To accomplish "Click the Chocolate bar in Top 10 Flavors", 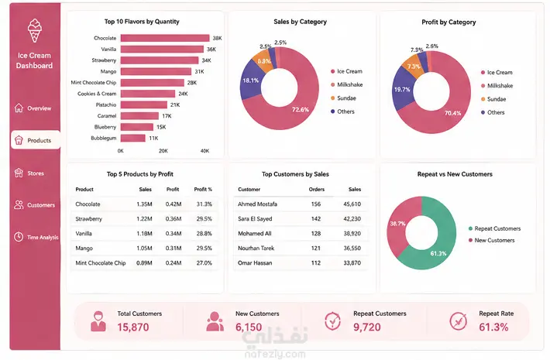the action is (165, 38).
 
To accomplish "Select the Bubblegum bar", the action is (133, 138).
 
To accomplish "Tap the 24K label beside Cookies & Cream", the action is (183, 94).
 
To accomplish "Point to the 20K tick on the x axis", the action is (163, 151).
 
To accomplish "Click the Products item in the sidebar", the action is (36, 140).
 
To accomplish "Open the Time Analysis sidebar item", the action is (36, 237).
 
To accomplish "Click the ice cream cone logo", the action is (34, 30).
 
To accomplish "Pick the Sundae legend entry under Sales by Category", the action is (343, 98).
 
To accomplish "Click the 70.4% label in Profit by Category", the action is (452, 113).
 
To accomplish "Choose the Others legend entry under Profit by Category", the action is (493, 112).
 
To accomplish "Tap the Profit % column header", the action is (203, 189).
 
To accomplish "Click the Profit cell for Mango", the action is (174, 249).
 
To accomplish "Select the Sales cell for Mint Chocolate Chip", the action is (144, 263).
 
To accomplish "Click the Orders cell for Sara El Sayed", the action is (316, 219).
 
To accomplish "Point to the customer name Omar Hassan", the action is (255, 263).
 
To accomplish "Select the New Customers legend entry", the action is (491, 241).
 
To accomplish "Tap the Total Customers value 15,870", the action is (133, 327).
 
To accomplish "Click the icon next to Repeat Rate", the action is (458, 321).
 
